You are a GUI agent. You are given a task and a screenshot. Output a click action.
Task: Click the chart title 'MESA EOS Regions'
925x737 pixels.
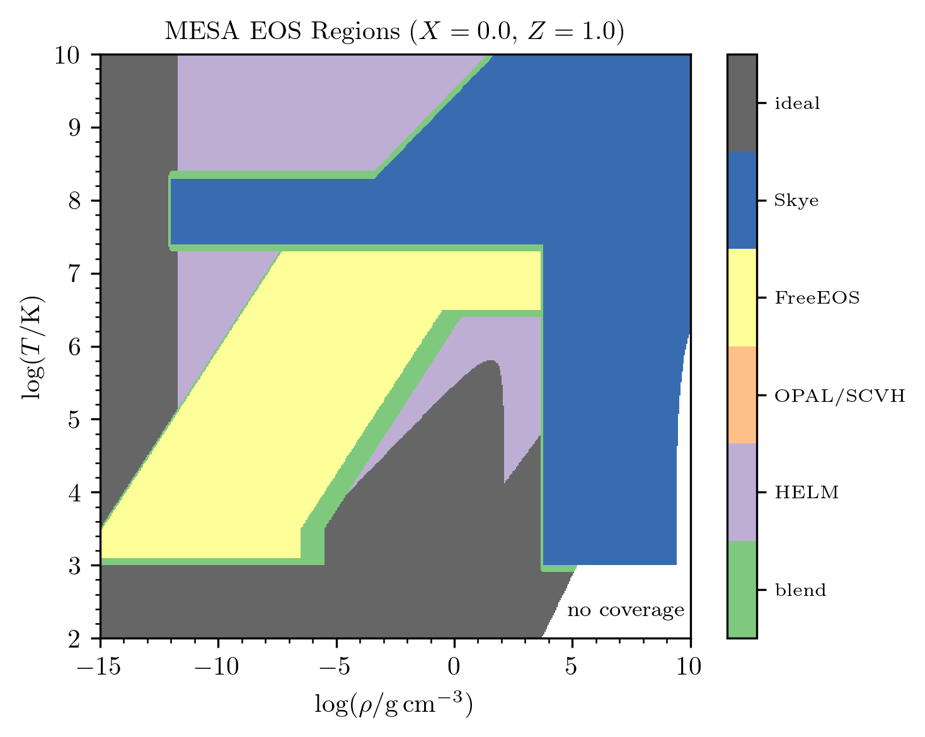pos(282,31)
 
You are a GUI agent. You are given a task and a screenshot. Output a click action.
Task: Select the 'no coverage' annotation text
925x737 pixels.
pos(626,610)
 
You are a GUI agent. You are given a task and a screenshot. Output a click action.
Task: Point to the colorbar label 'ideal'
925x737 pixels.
pos(797,103)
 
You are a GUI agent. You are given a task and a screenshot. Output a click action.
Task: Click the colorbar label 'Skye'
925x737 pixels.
pos(796,201)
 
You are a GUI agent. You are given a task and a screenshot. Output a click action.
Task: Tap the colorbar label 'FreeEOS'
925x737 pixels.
pos(817,298)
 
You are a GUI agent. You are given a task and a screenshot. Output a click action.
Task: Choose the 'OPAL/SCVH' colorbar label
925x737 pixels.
pos(840,396)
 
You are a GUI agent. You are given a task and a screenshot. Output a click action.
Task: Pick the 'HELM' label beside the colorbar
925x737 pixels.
pos(807,493)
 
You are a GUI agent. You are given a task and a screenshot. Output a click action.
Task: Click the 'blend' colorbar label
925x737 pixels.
pos(800,590)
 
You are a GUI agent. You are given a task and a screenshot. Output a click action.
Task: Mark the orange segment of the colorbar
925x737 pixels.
pos(742,395)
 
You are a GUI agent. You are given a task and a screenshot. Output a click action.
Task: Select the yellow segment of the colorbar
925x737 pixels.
pos(742,297)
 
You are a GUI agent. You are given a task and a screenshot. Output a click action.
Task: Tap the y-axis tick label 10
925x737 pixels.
pos(67,55)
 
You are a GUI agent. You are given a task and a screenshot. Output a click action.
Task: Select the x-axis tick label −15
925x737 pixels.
pos(99,667)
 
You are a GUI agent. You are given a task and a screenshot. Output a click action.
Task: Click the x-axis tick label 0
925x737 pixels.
pos(454,667)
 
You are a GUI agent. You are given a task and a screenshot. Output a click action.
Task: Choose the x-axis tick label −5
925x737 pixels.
pos(335,667)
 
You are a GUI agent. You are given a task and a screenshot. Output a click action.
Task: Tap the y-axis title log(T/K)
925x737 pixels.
pos(33,347)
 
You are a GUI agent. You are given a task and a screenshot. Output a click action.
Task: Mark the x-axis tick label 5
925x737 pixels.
pos(571,667)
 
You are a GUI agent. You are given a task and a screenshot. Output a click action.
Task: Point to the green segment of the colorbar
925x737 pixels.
pos(742,589)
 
